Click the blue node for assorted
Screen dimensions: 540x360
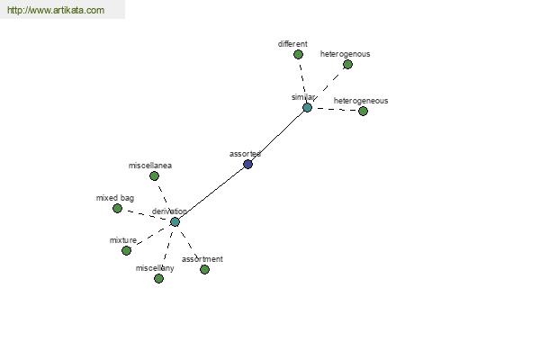pyautogui.click(x=248, y=164)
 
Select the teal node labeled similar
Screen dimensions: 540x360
pyautogui.click(x=307, y=107)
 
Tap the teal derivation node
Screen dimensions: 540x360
pyautogui.click(x=175, y=222)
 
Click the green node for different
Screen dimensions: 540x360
pyautogui.click(x=298, y=54)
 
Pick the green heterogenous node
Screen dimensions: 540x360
pyautogui.click(x=347, y=65)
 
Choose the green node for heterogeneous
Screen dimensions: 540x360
pyautogui.click(x=363, y=111)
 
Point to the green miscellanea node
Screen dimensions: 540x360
pyautogui.click(x=154, y=176)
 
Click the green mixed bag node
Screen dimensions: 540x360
pyautogui.click(x=117, y=209)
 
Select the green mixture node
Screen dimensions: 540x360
pyautogui.click(x=126, y=250)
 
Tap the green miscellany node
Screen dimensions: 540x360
pyautogui.click(x=158, y=278)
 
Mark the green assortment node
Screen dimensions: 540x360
pyautogui.click(x=204, y=269)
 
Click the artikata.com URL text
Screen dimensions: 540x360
pyautogui.click(x=56, y=10)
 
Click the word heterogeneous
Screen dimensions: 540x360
pyautogui.click(x=361, y=101)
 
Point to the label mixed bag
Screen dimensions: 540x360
pyautogui.click(x=115, y=198)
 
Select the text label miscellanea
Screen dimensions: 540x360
pyautogui.click(x=150, y=166)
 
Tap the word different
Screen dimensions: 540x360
pyautogui.click(x=292, y=44)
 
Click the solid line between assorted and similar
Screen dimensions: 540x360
pyautogui.click(x=277, y=136)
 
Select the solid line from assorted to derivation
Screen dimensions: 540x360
pyautogui.click(x=211, y=193)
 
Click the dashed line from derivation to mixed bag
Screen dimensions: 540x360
pyautogui.click(x=146, y=215)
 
